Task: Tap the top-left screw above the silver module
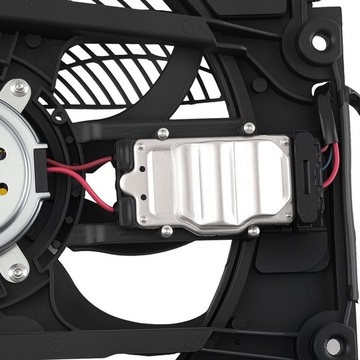(x=163, y=133)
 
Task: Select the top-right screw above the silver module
(x=249, y=128)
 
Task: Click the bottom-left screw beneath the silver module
(x=167, y=231)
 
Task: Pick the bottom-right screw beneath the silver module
(x=253, y=231)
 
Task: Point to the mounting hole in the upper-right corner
(x=319, y=42)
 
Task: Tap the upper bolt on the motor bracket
(x=19, y=87)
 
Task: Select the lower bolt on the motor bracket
(x=18, y=271)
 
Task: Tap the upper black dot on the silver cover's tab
(x=142, y=168)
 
